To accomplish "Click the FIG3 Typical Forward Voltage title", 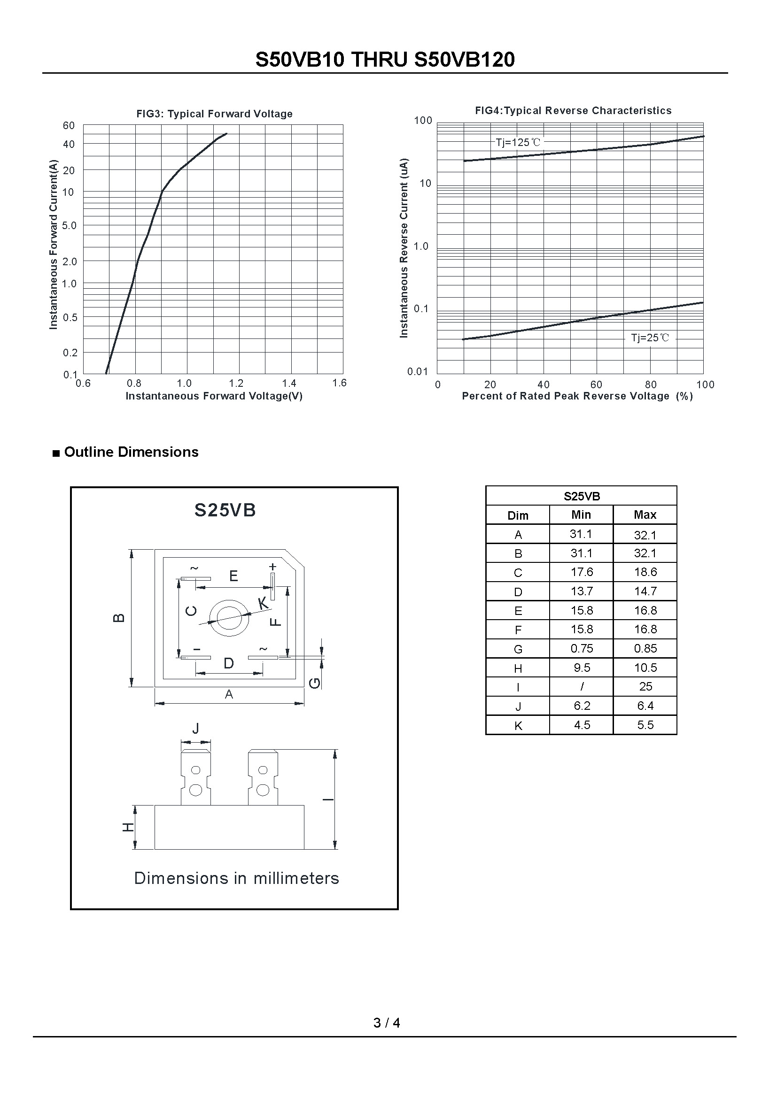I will (214, 114).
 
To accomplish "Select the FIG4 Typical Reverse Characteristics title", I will (573, 110).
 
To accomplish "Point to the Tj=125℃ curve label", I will (518, 142).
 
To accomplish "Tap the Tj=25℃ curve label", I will (650, 338).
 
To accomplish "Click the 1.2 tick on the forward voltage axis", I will (236, 383).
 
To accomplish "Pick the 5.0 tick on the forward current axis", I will (70, 225).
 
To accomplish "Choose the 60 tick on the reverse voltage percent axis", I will (596, 384).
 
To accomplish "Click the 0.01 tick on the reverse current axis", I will (417, 372).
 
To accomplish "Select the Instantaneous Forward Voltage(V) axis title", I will (214, 396).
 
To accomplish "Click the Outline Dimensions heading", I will (131, 452).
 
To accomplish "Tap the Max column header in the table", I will (645, 515).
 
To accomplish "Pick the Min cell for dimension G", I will (581, 648).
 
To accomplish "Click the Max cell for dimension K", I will (645, 725).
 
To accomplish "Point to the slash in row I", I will (581, 687).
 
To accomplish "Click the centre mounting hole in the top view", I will (229, 618).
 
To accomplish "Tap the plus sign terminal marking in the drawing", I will (273, 567).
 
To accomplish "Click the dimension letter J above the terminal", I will (195, 729).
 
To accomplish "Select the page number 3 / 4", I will (387, 1022).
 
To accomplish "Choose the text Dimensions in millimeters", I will (236, 878).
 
